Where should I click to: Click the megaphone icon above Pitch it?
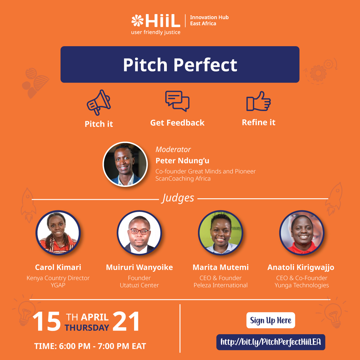click(x=99, y=102)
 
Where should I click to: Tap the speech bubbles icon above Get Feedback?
click(x=177, y=101)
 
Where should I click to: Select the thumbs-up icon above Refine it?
click(x=258, y=101)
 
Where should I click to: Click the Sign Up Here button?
click(x=271, y=320)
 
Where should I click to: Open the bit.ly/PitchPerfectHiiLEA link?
click(x=271, y=342)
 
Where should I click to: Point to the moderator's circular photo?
click(x=125, y=164)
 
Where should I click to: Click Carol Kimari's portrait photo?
click(x=58, y=233)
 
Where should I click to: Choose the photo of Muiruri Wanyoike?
click(x=139, y=233)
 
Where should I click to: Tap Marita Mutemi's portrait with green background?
click(x=220, y=233)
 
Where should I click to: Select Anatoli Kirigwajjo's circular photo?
click(x=302, y=233)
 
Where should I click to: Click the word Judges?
click(x=178, y=198)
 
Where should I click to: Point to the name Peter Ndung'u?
click(x=182, y=161)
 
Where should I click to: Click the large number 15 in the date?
click(x=46, y=321)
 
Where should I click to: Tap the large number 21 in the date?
click(x=126, y=321)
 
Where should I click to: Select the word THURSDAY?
click(x=87, y=328)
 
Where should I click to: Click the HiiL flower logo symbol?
click(x=137, y=20)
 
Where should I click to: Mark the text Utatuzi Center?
click(x=139, y=285)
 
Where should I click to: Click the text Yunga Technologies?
click(x=302, y=285)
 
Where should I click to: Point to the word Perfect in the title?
click(x=205, y=65)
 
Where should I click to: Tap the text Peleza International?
click(x=220, y=285)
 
